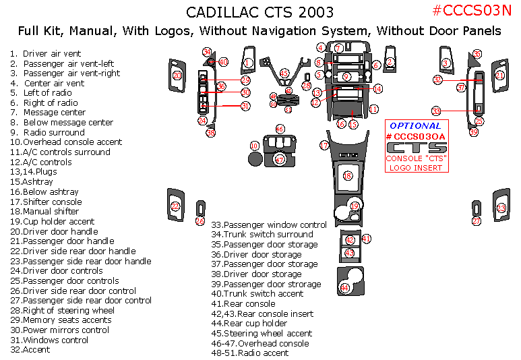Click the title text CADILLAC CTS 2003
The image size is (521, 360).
tap(259, 13)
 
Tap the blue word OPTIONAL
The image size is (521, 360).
tap(416, 125)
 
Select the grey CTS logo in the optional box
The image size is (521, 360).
tap(416, 148)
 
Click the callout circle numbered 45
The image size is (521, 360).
tap(284, 73)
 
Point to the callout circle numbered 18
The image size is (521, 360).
tap(348, 176)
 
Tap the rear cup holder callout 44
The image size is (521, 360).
tap(345, 288)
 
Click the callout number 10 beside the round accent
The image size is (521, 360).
tap(254, 146)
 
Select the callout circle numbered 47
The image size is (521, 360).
tap(280, 160)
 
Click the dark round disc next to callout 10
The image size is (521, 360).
tap(255, 159)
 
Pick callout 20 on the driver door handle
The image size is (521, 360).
tap(177, 76)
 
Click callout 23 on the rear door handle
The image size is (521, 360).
tap(501, 208)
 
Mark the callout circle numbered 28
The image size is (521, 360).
tap(306, 86)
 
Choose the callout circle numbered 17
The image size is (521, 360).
tap(324, 145)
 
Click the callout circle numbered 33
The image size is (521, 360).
tap(436, 111)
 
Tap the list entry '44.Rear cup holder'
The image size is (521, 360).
tap(249, 323)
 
